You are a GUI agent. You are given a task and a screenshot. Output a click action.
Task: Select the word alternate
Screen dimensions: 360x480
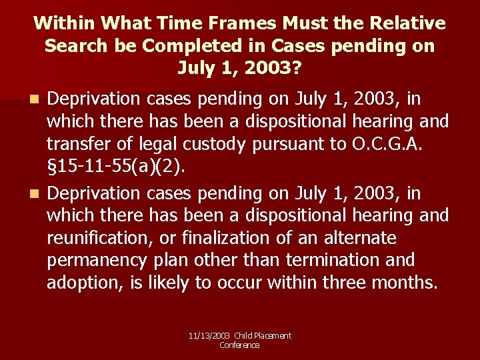tap(361, 238)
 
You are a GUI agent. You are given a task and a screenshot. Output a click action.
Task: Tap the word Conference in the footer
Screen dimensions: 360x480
tap(239, 345)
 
